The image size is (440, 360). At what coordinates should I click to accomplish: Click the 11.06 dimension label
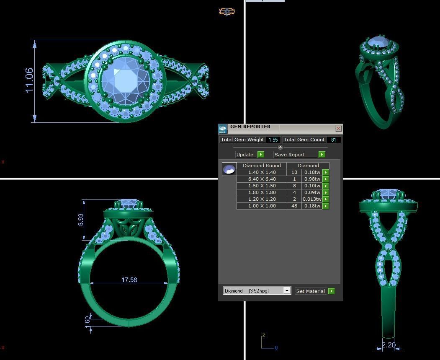(x=29, y=80)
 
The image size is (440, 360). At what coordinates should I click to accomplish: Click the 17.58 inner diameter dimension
(x=129, y=280)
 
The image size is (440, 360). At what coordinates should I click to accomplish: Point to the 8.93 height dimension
(x=81, y=220)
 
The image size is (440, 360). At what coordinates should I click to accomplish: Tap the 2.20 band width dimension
(x=389, y=345)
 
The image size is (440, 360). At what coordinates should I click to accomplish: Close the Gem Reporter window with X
(x=338, y=128)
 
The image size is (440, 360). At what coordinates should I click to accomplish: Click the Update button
(x=245, y=155)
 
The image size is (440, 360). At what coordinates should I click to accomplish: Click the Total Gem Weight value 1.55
(x=273, y=140)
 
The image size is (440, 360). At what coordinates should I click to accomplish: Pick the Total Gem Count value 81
(x=333, y=140)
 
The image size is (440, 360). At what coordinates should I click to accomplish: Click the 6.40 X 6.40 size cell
(x=262, y=179)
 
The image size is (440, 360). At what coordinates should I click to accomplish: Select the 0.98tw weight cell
(x=312, y=179)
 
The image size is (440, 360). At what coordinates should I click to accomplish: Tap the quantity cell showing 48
(x=294, y=206)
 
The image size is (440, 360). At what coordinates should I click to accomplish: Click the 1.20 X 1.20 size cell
(x=262, y=199)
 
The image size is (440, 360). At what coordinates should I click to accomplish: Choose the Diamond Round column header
(x=262, y=166)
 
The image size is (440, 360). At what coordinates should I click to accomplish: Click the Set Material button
(x=310, y=291)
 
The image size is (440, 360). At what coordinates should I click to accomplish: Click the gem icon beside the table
(x=229, y=169)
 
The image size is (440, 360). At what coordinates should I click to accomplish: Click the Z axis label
(x=264, y=335)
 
